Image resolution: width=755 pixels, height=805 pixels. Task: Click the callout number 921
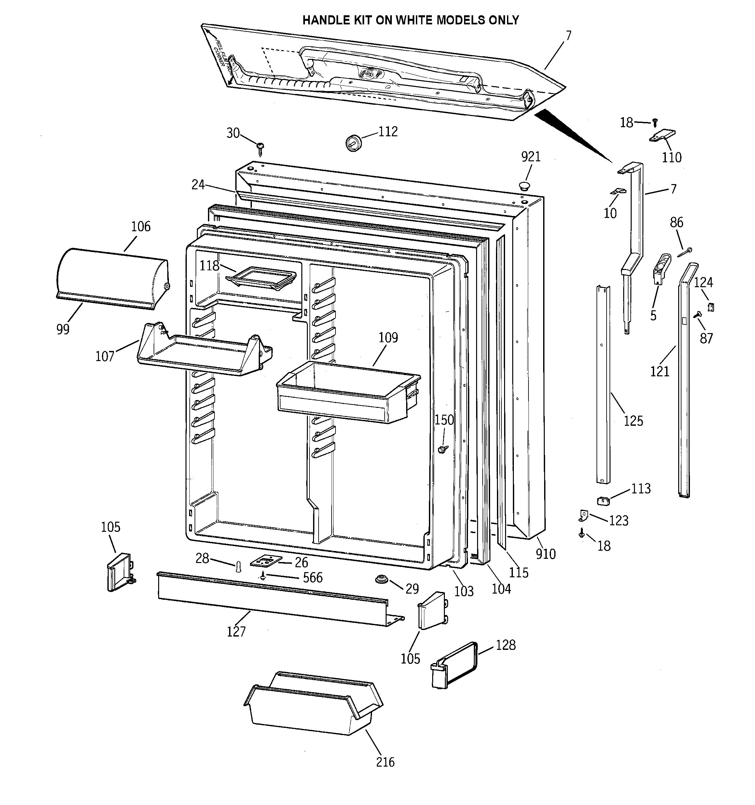point(530,157)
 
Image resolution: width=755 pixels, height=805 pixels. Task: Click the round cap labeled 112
point(353,142)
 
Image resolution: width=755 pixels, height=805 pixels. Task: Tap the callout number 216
point(385,762)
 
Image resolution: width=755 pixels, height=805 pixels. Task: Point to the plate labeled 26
point(266,561)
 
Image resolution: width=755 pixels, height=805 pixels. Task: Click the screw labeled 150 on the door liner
point(443,449)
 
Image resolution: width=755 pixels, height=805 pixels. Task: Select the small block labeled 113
point(603,501)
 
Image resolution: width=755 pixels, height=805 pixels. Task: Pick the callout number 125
point(633,421)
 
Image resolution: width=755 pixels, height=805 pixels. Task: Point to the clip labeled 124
point(710,307)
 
